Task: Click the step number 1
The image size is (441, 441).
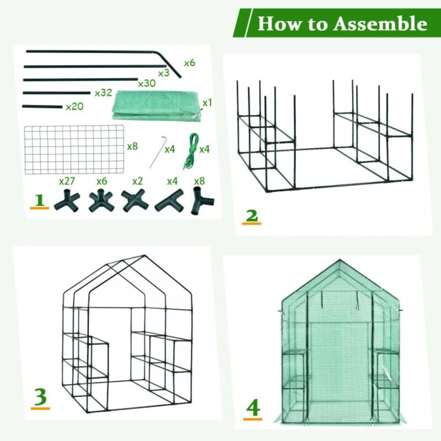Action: [x=38, y=200]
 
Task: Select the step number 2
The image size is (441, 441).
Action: [x=251, y=216]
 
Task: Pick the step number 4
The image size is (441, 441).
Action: [x=252, y=408]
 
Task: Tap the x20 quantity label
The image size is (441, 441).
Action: [x=74, y=106]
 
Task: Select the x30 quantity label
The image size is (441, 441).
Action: [x=147, y=83]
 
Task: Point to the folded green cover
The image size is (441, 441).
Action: [x=157, y=105]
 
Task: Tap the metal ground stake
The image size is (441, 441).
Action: [x=158, y=150]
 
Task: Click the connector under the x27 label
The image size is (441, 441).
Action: [x=67, y=201]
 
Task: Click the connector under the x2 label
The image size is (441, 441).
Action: [x=135, y=201]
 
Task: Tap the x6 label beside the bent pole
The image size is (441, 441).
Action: [x=190, y=63]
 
